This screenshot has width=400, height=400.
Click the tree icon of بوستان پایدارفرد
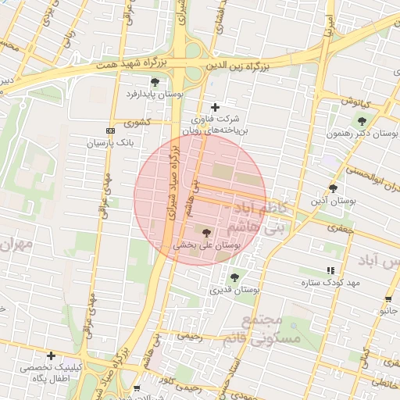pos(155,82)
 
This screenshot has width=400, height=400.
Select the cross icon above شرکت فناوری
pos(216,107)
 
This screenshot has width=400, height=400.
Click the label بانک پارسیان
pos(110,144)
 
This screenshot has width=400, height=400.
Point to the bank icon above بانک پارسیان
pos(110,130)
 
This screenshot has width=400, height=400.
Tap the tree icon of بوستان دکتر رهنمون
pos(361,121)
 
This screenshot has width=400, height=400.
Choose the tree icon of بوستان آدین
pos(334,188)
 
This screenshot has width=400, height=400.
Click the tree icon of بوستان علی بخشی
pos(207,232)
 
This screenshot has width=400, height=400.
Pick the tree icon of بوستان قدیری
pos(234,277)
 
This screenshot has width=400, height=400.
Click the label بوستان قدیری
pos(234,290)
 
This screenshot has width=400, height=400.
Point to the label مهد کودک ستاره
pos(331,282)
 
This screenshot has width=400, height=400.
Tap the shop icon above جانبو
pos(388,299)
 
